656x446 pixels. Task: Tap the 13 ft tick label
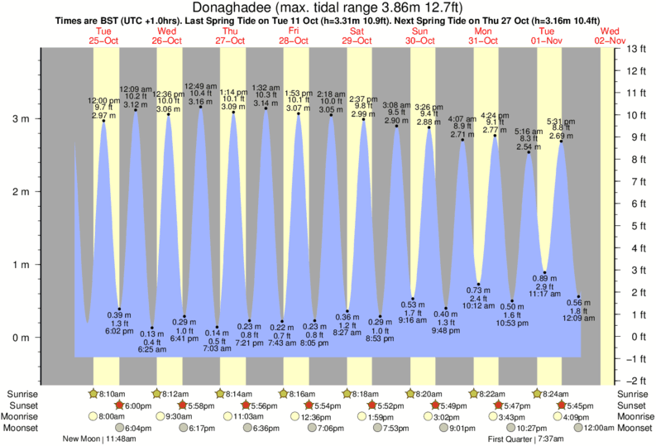636,49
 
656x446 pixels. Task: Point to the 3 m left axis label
19,119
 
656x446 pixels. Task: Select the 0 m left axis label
19,338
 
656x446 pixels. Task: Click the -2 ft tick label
635,381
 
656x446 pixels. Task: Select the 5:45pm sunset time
582,405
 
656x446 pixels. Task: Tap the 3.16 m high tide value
199,102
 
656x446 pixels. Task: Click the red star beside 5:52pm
372,405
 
